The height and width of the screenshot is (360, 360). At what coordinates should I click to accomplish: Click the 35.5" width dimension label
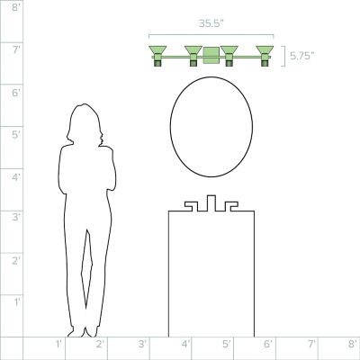click(x=211, y=23)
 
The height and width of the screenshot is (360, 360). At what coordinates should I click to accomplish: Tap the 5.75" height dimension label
click(x=302, y=56)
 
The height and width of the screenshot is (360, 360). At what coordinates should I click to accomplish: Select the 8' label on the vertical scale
click(x=16, y=7)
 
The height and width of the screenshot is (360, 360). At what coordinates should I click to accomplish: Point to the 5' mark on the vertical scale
click(x=16, y=135)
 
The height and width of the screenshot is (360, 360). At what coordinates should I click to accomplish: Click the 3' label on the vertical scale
click(x=16, y=217)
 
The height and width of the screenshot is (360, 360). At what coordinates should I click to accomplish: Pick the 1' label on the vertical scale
click(x=17, y=301)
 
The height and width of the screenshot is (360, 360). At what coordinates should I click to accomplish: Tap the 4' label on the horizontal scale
click(x=185, y=344)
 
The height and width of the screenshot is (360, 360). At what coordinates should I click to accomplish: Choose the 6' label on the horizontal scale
click(x=268, y=344)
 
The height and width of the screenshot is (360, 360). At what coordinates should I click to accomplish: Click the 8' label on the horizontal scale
click(x=353, y=344)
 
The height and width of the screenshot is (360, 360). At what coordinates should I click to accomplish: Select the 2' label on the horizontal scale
click(x=100, y=344)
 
